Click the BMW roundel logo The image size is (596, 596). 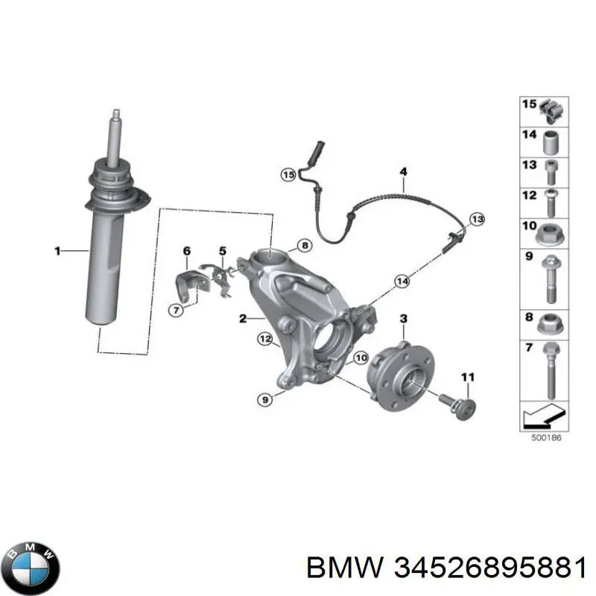click(x=34, y=568)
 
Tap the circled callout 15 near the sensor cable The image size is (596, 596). click(x=288, y=175)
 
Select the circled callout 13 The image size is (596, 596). click(x=477, y=219)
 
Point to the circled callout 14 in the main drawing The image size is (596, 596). click(x=402, y=282)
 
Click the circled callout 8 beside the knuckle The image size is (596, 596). click(x=305, y=246)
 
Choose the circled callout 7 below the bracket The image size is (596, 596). click(x=176, y=311)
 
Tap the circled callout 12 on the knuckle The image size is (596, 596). click(x=265, y=339)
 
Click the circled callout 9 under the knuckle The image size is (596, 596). click(x=265, y=399)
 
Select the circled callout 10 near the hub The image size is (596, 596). click(x=361, y=358)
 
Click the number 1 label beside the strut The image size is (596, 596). click(x=57, y=251)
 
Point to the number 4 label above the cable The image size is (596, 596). click(x=403, y=171)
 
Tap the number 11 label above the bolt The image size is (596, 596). click(x=468, y=377)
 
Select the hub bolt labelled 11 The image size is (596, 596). click(x=457, y=407)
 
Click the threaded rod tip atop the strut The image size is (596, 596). click(x=116, y=112)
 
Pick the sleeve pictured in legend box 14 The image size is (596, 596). click(x=551, y=142)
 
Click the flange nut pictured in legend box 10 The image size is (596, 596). click(x=550, y=234)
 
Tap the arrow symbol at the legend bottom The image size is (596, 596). click(x=545, y=416)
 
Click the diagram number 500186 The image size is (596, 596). click(x=545, y=437)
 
